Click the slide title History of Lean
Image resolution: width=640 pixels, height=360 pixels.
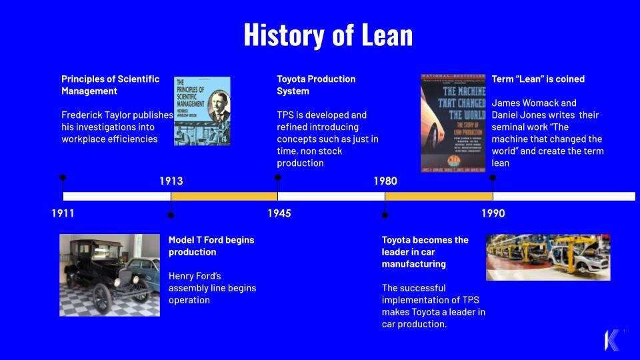tap(327, 35)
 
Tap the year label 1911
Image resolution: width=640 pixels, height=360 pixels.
tap(63, 214)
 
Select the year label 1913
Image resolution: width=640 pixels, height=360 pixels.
tap(171, 181)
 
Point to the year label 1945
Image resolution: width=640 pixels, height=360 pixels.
tap(279, 214)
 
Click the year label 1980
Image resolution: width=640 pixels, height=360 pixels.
tap(385, 181)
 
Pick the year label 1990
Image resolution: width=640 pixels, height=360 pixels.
tap(493, 214)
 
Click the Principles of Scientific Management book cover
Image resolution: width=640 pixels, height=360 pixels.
tap(202, 111)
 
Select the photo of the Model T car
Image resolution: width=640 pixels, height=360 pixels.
tap(109, 275)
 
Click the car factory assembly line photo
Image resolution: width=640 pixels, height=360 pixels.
tap(547, 257)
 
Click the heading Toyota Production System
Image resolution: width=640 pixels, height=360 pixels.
tap(316, 85)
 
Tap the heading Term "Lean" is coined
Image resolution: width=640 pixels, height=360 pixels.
tap(538, 79)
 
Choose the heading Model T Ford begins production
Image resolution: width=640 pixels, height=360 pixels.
tap(211, 245)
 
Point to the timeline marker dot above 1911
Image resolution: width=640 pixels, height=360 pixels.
tap(63, 178)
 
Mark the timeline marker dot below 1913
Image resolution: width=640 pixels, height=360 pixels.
tap(171, 215)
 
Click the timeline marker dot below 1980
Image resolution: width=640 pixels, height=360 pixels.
tap(385, 215)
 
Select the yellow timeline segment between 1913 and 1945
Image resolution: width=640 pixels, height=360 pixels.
tap(224, 196)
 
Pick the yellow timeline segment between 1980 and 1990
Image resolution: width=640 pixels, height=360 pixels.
tap(439, 196)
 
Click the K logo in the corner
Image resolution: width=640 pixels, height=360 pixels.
tap(612, 339)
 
